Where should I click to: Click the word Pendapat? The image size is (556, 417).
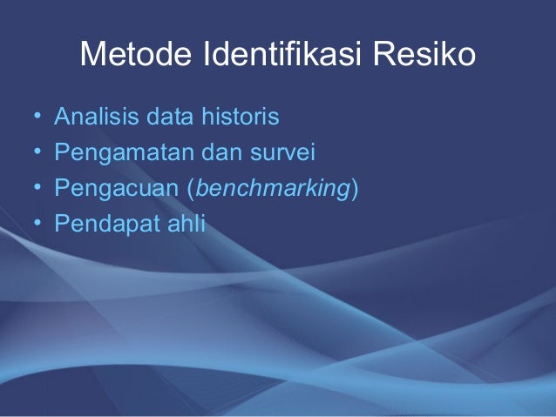pyautogui.click(x=110, y=225)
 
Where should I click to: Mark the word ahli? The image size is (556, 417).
pyautogui.click(x=189, y=225)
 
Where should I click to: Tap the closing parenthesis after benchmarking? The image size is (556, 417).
pyautogui.click(x=354, y=190)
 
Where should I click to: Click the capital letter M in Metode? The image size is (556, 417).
pyautogui.click(x=92, y=56)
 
